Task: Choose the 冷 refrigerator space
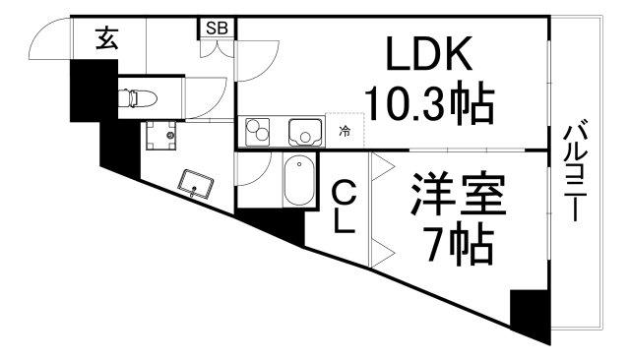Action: click(344, 130)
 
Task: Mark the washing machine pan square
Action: click(162, 134)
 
